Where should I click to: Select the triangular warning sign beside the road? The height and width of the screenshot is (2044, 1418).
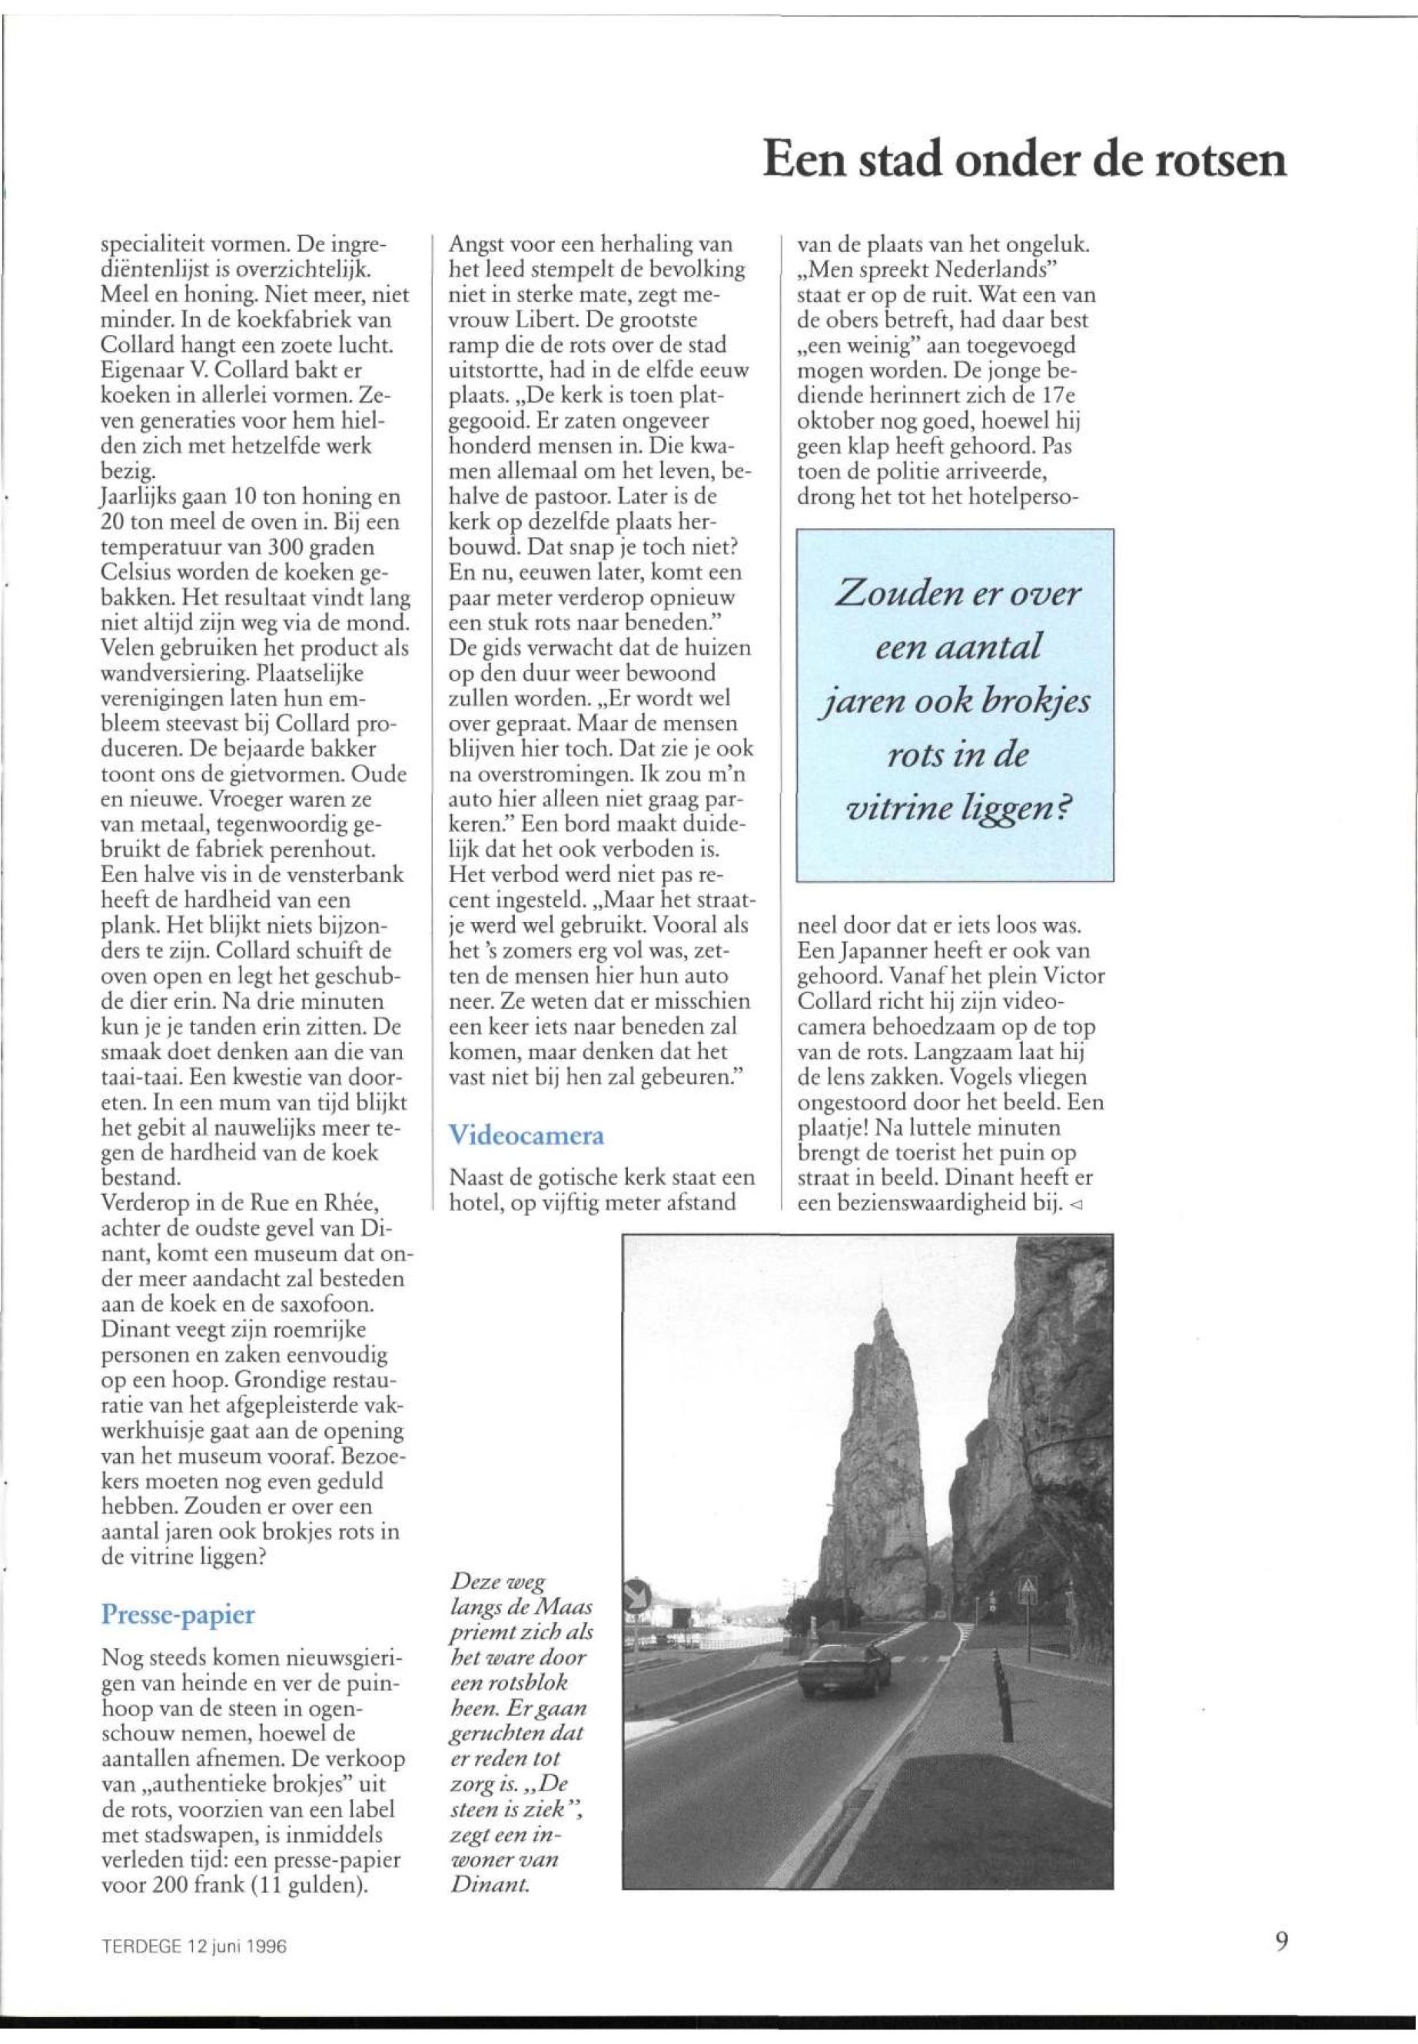(1029, 1585)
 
